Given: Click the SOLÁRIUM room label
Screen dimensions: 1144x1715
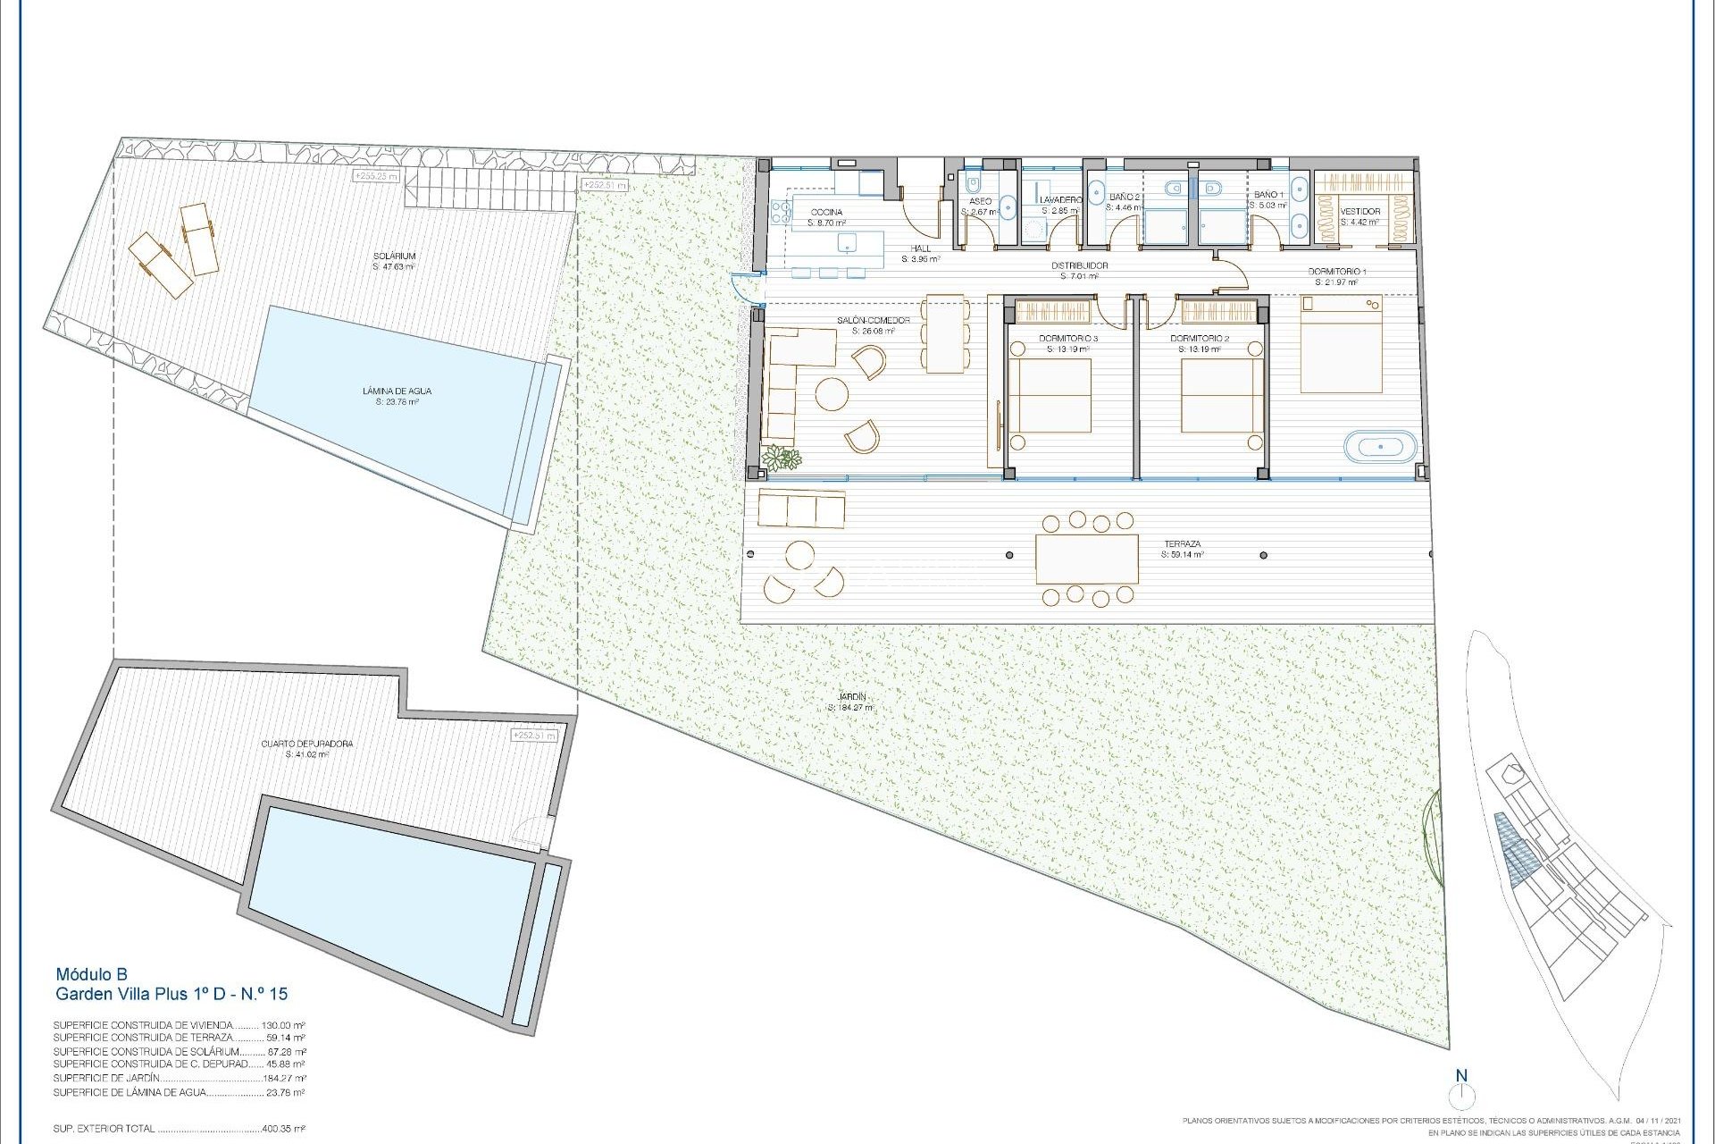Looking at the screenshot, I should tap(395, 257).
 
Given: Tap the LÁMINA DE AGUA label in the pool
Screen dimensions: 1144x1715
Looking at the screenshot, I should tap(397, 391).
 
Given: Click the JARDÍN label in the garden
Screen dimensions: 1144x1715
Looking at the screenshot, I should tap(852, 697).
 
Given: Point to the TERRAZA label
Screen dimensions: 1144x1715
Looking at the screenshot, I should tap(1182, 544).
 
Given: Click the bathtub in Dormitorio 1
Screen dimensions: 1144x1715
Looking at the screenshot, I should tap(1381, 446).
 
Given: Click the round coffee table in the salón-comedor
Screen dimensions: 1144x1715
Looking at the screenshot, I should tap(832, 394).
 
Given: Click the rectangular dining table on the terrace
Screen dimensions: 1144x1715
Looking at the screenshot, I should tap(1087, 559).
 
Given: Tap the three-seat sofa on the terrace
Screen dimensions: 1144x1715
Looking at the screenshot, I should tap(801, 509).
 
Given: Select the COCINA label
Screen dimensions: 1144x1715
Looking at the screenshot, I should tap(825, 212).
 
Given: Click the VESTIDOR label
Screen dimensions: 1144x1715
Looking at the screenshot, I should tap(1360, 212).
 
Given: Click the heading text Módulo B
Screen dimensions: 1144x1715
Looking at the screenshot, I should tap(92, 974).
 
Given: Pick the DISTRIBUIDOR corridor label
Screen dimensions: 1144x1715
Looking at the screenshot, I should tap(1079, 265).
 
